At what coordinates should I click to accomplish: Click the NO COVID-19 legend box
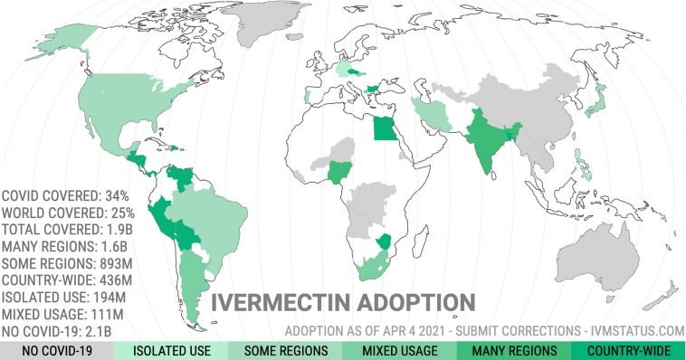(57, 350)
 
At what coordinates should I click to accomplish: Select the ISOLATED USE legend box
(171, 350)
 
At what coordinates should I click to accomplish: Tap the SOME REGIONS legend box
(285, 350)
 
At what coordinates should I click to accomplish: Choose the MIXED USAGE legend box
(399, 350)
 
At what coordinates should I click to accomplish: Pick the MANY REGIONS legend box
(513, 350)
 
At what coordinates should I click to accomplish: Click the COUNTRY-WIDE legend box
(628, 350)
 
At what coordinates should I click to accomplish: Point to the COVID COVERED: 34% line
(68, 195)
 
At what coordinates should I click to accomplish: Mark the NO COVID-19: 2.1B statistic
(66, 331)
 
